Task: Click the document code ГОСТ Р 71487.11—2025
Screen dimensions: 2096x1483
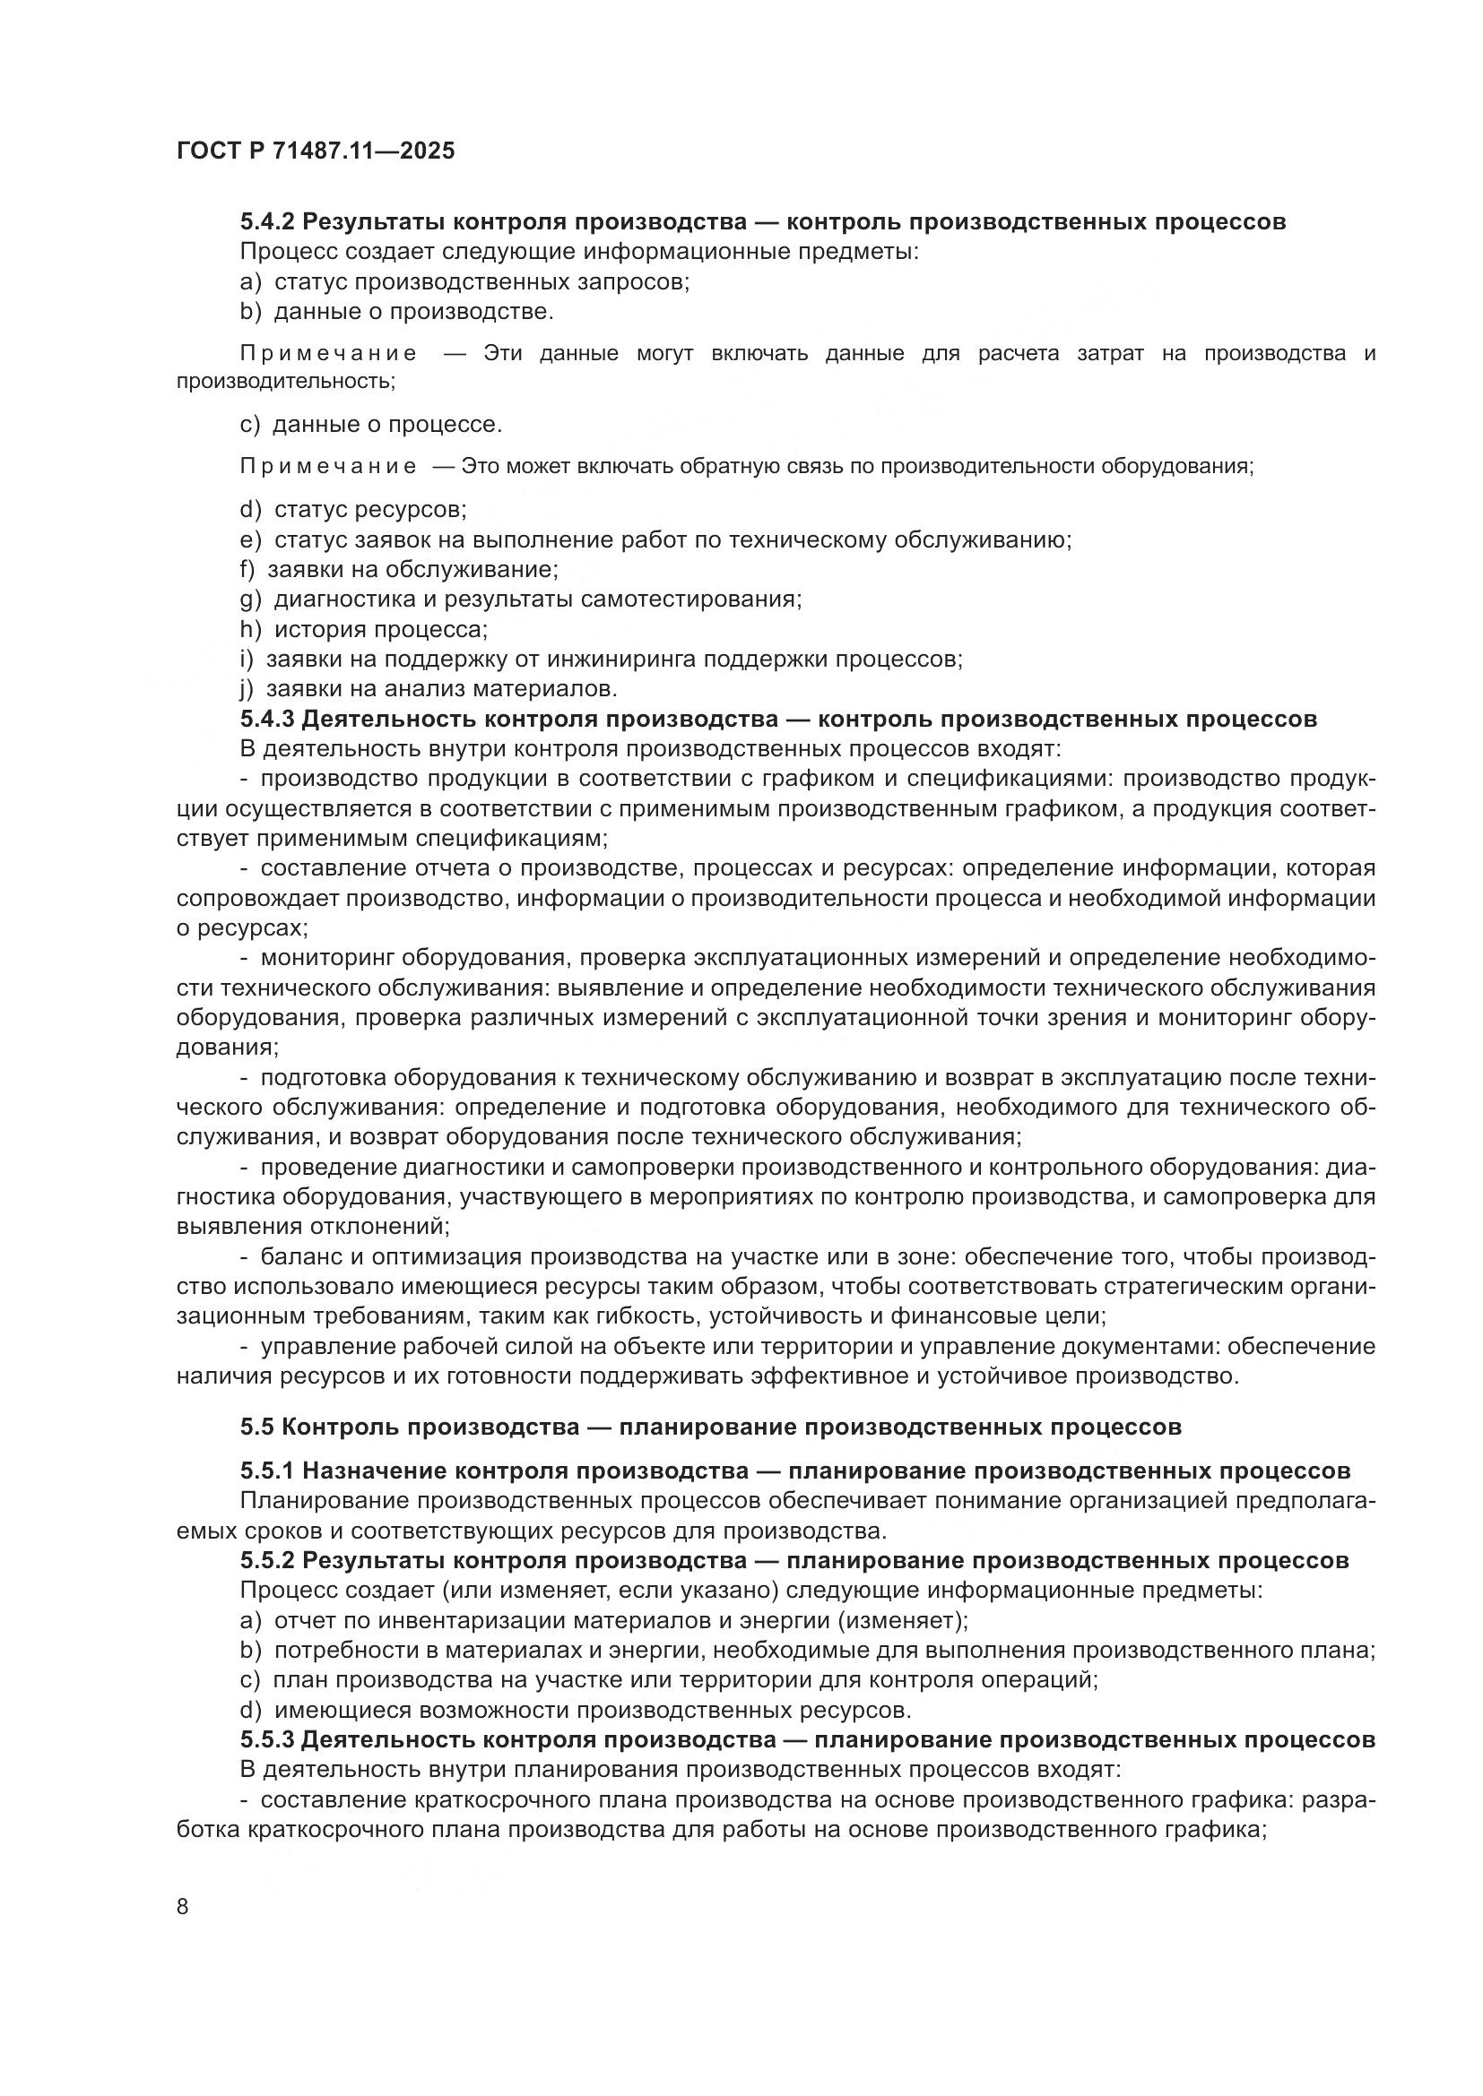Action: [315, 151]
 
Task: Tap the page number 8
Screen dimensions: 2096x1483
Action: [183, 1906]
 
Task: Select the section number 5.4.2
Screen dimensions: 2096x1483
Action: [266, 221]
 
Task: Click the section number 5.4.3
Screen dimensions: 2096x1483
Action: [266, 719]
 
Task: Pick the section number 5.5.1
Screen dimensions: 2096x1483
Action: [266, 1471]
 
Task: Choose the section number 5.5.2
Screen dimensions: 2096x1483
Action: [266, 1560]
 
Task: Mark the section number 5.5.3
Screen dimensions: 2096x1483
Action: [266, 1739]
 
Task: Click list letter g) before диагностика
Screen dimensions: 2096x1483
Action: [250, 599]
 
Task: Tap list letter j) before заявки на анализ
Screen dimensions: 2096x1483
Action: [247, 687]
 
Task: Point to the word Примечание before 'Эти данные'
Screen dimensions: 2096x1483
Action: [329, 353]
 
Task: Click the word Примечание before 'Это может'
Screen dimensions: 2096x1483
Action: [329, 467]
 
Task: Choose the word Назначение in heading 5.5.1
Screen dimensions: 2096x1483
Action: [375, 1471]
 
